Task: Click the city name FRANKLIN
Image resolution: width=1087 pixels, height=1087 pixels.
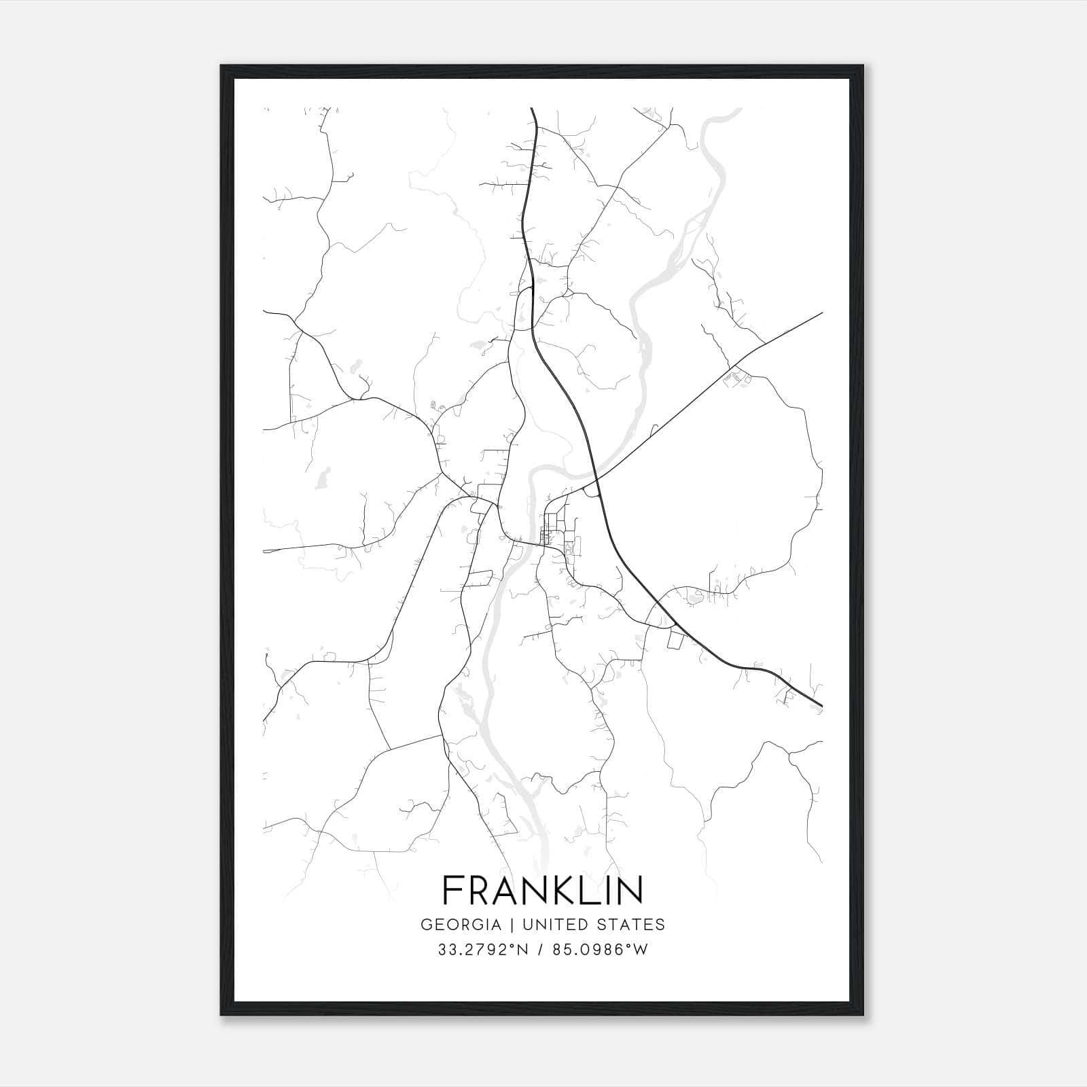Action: (x=543, y=890)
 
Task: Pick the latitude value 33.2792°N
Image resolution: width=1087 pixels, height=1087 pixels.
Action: (x=484, y=950)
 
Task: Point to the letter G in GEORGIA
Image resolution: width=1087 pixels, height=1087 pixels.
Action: (x=427, y=925)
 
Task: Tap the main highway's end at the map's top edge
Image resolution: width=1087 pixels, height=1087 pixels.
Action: (x=531, y=109)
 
